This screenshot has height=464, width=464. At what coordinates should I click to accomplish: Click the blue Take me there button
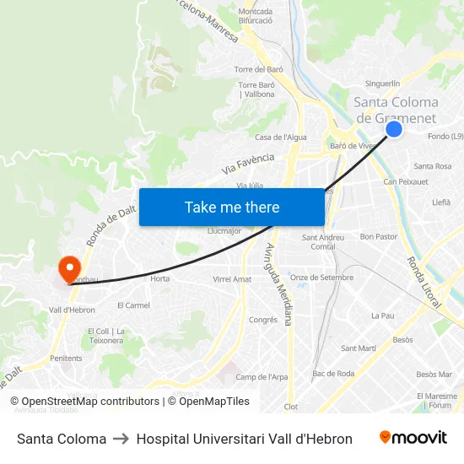pyautogui.click(x=232, y=207)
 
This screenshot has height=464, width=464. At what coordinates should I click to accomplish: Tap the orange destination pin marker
pyautogui.click(x=68, y=269)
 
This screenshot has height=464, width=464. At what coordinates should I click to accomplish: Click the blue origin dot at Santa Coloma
pyautogui.click(x=394, y=129)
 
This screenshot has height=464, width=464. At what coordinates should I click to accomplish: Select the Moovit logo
pyautogui.click(x=413, y=438)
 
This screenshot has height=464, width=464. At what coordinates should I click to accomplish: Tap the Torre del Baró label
pyautogui.click(x=258, y=69)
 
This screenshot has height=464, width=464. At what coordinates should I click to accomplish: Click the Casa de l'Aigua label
pyautogui.click(x=281, y=137)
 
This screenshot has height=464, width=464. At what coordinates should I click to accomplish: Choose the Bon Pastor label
pyautogui.click(x=378, y=236)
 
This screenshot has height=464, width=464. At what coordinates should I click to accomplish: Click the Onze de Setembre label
pyautogui.click(x=321, y=277)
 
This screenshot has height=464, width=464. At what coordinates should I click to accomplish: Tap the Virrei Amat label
pyautogui.click(x=232, y=278)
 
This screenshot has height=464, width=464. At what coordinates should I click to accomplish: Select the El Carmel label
pyautogui.click(x=133, y=305)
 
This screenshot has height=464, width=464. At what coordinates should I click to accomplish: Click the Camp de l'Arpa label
pyautogui.click(x=262, y=377)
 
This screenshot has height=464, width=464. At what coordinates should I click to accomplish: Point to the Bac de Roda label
pyautogui.click(x=333, y=373)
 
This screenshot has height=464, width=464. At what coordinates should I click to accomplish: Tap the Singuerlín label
pyautogui.click(x=382, y=84)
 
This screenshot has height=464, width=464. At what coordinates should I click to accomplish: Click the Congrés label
pyautogui.click(x=263, y=320)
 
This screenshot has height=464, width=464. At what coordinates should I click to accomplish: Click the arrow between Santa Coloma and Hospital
pyautogui.click(x=121, y=439)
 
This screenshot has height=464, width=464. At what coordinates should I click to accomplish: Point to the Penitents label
pyautogui.click(x=66, y=359)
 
